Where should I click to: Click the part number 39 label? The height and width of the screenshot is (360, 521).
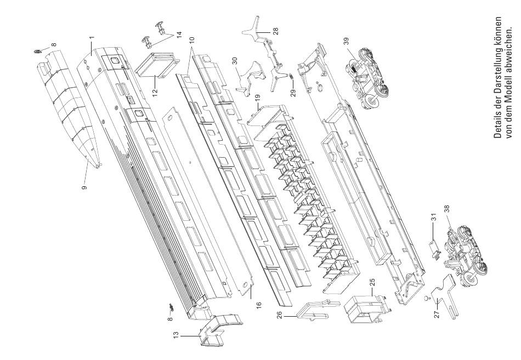(x=347, y=41)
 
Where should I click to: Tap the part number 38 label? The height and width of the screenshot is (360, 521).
(x=446, y=209)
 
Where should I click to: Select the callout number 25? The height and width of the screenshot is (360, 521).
(x=372, y=282)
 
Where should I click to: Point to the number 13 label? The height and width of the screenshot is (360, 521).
(x=176, y=334)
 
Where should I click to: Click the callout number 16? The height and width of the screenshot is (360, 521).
(x=259, y=305)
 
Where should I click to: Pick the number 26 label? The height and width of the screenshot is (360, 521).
(x=279, y=315)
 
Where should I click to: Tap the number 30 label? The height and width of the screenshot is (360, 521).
(x=235, y=61)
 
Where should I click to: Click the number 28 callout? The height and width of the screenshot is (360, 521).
(x=275, y=31)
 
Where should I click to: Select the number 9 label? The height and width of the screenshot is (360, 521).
(x=84, y=187)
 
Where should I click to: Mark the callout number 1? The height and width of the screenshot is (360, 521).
(x=92, y=37)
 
